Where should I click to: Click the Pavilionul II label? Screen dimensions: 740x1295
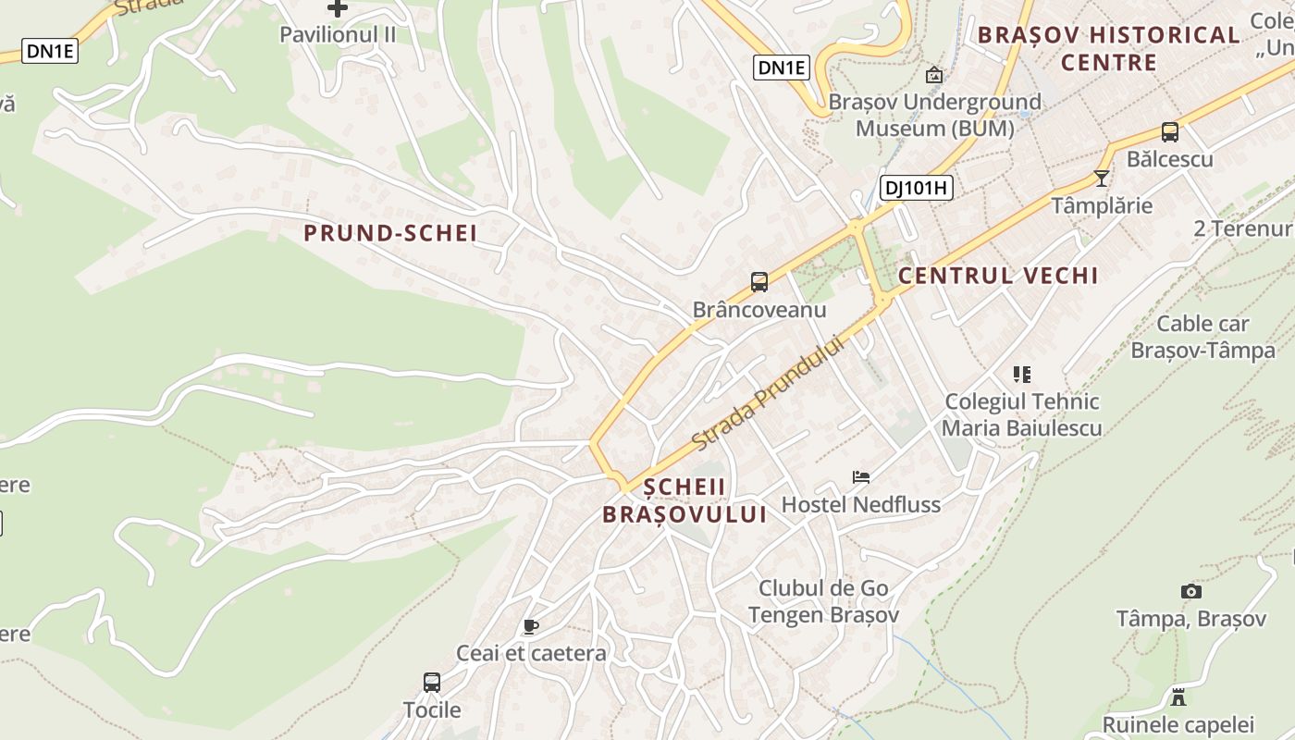pos(338,34)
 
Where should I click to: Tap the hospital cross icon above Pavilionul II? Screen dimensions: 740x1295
pos(338,8)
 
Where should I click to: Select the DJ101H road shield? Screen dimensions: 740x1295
pos(915,188)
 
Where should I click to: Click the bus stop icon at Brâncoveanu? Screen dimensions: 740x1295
pos(759,282)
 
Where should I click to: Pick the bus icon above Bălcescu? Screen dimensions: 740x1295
pos(1170,132)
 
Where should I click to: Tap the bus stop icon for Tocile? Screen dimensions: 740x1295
pos(432,683)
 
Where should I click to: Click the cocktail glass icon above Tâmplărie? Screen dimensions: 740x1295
pos(1101,178)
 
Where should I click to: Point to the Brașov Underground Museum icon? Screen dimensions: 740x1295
pos(934,75)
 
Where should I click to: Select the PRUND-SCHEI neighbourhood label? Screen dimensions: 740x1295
pos(390,233)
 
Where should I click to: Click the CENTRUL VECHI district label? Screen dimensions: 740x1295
pos(998,276)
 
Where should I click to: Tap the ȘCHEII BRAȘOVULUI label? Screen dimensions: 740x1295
pos(684,500)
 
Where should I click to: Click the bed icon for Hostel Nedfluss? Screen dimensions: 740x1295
pos(861,477)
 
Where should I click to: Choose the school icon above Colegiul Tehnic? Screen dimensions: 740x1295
pos(1021,375)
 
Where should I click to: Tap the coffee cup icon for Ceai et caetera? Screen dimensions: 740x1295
pos(530,626)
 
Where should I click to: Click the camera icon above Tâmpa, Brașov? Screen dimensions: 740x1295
pos(1190,591)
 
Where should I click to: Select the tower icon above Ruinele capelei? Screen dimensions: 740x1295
pos(1178,697)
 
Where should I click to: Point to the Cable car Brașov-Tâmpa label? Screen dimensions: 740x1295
pos(1202,337)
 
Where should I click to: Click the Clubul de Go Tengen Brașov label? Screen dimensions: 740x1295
pos(823,601)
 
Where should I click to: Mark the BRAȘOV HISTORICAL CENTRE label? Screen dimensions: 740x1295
pos(1108,48)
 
